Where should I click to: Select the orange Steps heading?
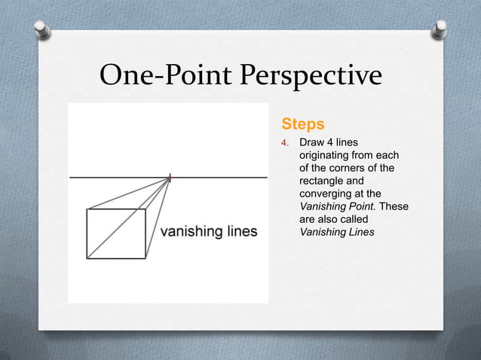302,123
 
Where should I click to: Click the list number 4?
285,142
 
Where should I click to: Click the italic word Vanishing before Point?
324,206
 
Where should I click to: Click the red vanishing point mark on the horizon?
170,178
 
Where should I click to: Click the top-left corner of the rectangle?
87,209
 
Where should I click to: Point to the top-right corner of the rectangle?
146,209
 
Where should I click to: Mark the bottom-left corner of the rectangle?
87,258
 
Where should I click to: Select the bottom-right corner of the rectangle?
146,258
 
